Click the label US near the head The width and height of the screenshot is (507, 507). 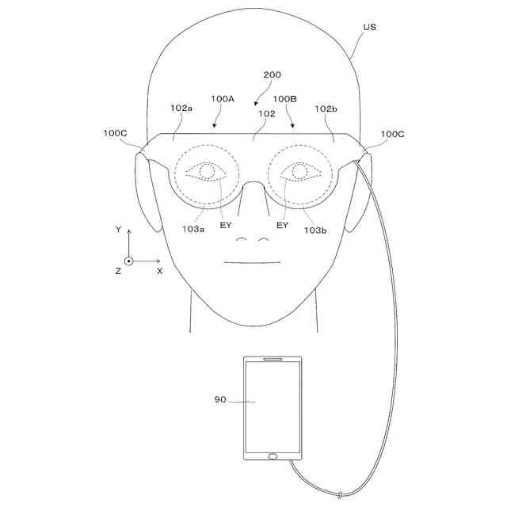pyautogui.click(x=369, y=27)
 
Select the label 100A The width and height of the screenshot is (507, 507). pyautogui.click(x=223, y=99)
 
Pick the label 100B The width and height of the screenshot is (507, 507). pyautogui.click(x=284, y=99)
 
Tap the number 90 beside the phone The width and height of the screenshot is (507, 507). pyautogui.click(x=220, y=400)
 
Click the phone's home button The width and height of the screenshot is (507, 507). pyautogui.click(x=273, y=456)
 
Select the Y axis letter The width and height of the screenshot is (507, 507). pyautogui.click(x=118, y=230)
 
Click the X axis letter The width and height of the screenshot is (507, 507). pyautogui.click(x=159, y=271)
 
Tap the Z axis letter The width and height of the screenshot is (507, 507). pyautogui.click(x=117, y=271)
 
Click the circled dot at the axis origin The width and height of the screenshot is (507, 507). pyautogui.click(x=128, y=261)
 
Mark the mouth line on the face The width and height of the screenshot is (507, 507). pyautogui.click(x=253, y=262)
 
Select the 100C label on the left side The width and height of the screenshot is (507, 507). pyautogui.click(x=115, y=134)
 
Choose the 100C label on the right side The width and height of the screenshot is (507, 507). pyautogui.click(x=393, y=134)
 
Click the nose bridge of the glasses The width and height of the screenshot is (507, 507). pyautogui.click(x=253, y=187)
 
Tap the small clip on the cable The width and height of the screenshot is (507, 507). pyautogui.click(x=339, y=497)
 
